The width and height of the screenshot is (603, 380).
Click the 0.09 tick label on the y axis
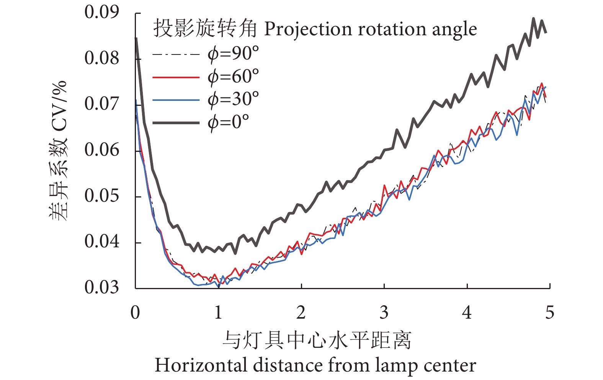pyautogui.click(x=102, y=13)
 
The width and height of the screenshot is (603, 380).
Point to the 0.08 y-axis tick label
pyautogui.click(x=102, y=58)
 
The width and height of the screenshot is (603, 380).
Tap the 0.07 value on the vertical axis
pyautogui.click(x=102, y=104)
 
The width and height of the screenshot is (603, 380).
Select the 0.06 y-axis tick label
pyautogui.click(x=102, y=150)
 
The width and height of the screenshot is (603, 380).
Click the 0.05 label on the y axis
pyautogui.click(x=102, y=196)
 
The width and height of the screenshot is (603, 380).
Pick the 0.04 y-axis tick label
pyautogui.click(x=102, y=242)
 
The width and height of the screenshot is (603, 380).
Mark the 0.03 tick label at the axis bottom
pyautogui.click(x=102, y=288)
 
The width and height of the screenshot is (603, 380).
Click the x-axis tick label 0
pyautogui.click(x=135, y=313)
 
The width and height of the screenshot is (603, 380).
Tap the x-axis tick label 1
pyautogui.click(x=218, y=313)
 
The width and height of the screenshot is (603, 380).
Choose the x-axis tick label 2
pyautogui.click(x=301, y=313)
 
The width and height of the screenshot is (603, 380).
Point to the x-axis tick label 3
pyautogui.click(x=384, y=313)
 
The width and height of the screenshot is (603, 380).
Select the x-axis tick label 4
pyautogui.click(x=467, y=313)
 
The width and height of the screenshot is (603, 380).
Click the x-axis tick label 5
pyautogui.click(x=550, y=313)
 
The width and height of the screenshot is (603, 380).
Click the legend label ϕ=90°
pyautogui.click(x=233, y=53)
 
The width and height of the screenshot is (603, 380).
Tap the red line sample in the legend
pyautogui.click(x=176, y=77)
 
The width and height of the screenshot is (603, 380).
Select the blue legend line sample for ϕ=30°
pyautogui.click(x=176, y=100)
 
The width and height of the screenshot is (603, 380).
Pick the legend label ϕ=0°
pyautogui.click(x=228, y=123)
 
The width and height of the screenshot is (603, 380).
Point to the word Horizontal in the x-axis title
pyautogui.click(x=201, y=365)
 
